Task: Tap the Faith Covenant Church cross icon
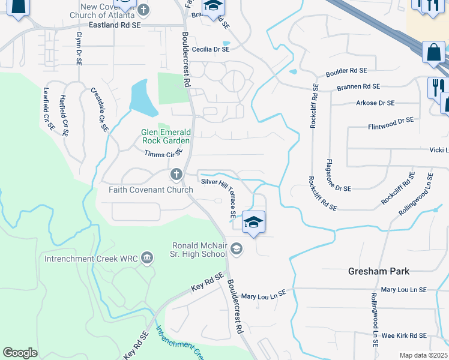pos(176,175)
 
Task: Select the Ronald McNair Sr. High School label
pos(199,250)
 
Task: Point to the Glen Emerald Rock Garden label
pos(165,136)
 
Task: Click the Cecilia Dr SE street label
pos(211,50)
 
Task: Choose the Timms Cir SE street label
pos(163,153)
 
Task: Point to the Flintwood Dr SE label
pos(391,124)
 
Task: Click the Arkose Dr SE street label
pos(375,103)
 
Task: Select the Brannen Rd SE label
pos(358,87)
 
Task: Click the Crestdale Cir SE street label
pos(99,109)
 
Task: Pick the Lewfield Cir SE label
pos(48,108)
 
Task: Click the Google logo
pos(20,353)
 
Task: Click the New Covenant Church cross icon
pos(143,10)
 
